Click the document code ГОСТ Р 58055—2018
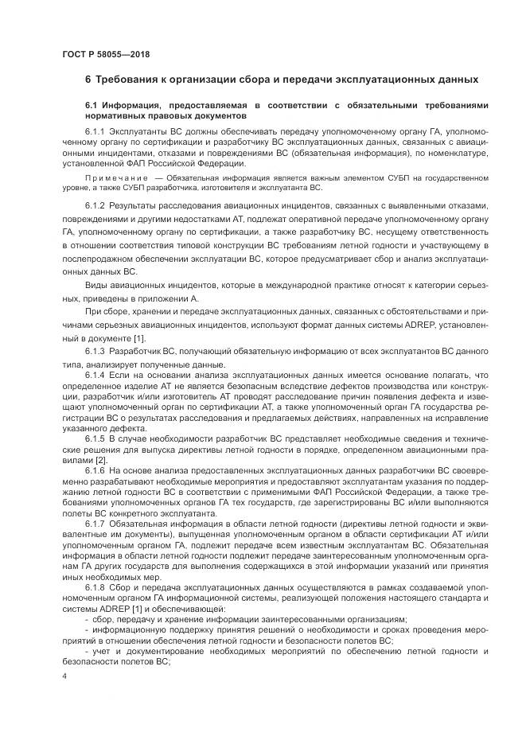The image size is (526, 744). point(105,54)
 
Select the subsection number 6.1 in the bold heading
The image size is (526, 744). point(92,105)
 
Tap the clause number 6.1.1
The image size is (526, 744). point(95,130)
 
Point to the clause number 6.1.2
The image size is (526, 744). point(95,206)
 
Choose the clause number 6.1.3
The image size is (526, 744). point(95,351)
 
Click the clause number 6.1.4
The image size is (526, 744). point(95,373)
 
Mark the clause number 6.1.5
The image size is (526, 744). point(95,439)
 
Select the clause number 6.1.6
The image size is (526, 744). point(95,472)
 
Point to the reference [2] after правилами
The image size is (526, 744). point(101,461)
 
